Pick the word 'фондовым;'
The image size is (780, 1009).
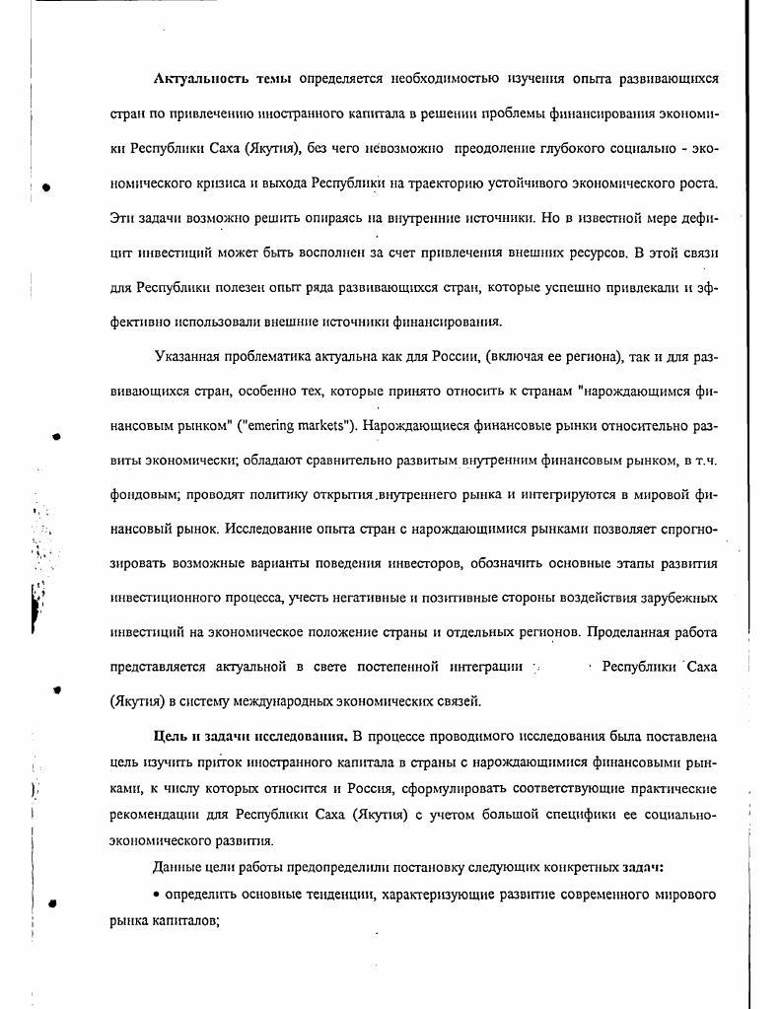pos(144,497)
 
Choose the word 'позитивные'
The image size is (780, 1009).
pos(475,598)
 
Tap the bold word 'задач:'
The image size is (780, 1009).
pos(642,867)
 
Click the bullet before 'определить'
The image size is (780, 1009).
pos(158,896)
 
